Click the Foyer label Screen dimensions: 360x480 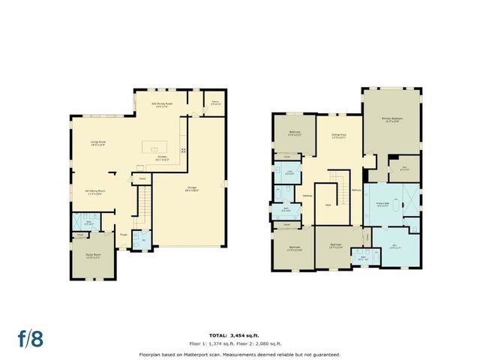[x=124, y=235]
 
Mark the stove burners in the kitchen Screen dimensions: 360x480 [x=182, y=149]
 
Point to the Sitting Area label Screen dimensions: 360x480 [x=338, y=136]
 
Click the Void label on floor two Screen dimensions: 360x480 [x=328, y=205]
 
